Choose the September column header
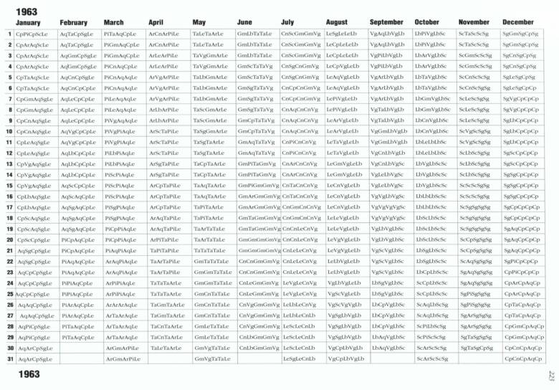pyautogui.click(x=386, y=22)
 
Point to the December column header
pyautogui.click(x=517, y=22)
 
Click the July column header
pyautogui.click(x=287, y=22)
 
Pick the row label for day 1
pyautogui.click(x=9, y=34)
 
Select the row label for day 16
pyautogui.click(x=9, y=196)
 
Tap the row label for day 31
pyautogui.click(x=9, y=358)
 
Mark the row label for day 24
pyautogui.click(x=9, y=282)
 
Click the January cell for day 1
pyautogui.click(x=32, y=34)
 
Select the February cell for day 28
pyautogui.click(x=79, y=337)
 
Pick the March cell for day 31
pyautogui.click(x=123, y=358)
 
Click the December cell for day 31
pyautogui.click(x=523, y=358)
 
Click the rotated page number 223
pyautogui.click(x=551, y=374)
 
